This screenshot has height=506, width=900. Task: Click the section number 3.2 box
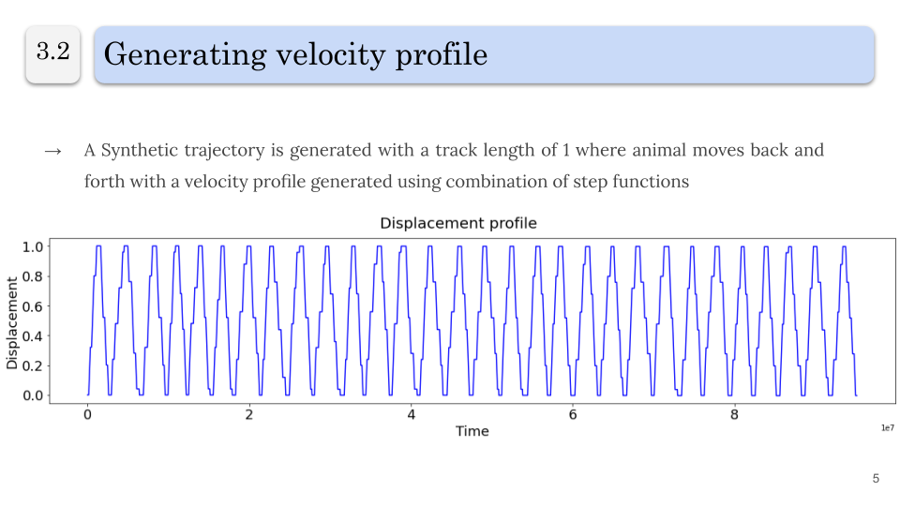(x=52, y=53)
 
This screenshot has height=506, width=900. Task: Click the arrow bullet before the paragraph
(x=52, y=151)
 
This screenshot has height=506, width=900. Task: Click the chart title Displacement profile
(x=457, y=223)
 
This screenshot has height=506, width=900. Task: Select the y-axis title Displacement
(x=12, y=321)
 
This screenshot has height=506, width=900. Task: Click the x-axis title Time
(x=472, y=431)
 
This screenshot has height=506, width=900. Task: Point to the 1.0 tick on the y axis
(x=32, y=246)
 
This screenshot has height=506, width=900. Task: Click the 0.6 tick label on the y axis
(x=32, y=306)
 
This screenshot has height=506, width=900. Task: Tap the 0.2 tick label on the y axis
(x=32, y=365)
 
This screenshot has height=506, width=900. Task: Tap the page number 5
(x=876, y=479)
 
